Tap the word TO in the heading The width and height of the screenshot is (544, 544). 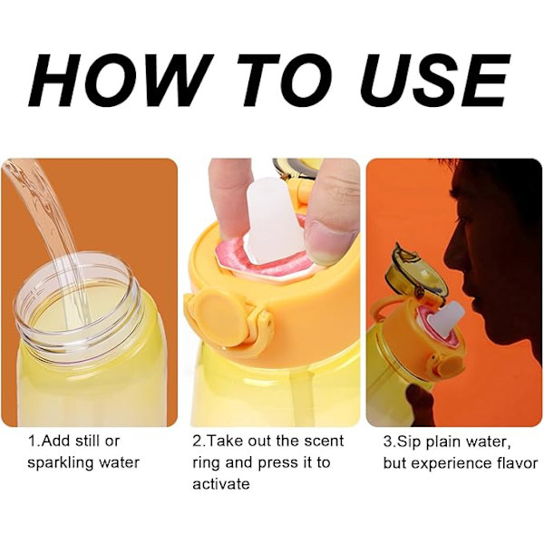[289, 81]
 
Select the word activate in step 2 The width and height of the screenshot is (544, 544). [221, 483]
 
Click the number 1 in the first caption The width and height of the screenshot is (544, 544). [32, 441]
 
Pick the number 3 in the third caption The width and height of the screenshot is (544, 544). [387, 442]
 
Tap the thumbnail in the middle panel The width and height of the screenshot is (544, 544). [329, 239]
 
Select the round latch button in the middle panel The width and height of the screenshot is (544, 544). [218, 316]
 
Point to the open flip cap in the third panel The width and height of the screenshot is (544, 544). [415, 274]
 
